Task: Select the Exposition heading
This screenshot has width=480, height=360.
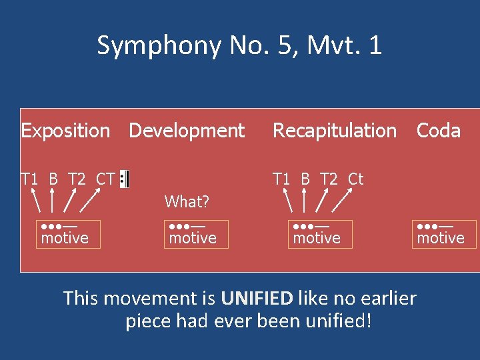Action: point(65,131)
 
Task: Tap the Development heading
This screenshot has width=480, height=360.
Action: point(187,131)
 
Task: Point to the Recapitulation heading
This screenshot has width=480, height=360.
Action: point(335,131)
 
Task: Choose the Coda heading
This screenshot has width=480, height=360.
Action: point(439,131)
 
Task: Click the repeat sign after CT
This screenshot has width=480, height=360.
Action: point(125,179)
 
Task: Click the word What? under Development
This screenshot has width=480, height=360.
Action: point(187,201)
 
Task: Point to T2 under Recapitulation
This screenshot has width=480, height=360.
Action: point(329,179)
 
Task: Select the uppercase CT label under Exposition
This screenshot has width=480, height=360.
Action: point(105,179)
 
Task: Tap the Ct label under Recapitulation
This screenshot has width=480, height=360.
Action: point(355,179)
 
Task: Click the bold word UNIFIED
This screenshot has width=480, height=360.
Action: point(257,297)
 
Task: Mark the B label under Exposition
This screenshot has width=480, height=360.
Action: point(53,179)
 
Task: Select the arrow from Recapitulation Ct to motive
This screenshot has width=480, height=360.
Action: point(343,199)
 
